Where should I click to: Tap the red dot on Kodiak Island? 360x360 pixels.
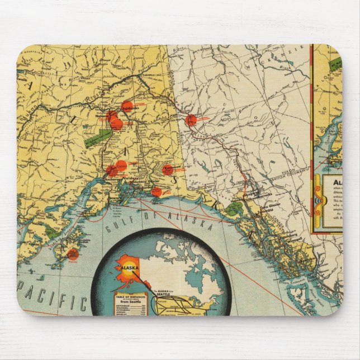click(x=73, y=254)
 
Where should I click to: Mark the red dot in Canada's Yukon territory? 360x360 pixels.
click(x=191, y=120)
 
